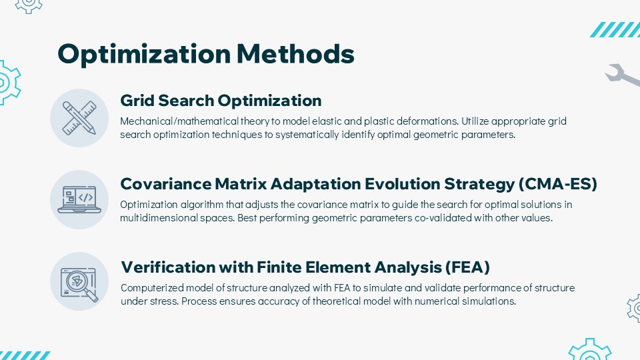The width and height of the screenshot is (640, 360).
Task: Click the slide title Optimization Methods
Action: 206,54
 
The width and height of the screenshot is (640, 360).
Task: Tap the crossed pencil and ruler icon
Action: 79,118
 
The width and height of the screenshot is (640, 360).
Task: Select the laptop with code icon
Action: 79,199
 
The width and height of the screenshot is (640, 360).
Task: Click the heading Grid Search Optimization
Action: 221,101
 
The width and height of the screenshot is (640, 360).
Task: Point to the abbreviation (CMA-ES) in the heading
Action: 558,184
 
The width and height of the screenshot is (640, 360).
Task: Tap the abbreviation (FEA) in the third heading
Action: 467,267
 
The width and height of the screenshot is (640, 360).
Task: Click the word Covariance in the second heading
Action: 166,184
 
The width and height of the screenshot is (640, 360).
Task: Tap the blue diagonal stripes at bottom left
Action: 25,355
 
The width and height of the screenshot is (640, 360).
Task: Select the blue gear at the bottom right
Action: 590,350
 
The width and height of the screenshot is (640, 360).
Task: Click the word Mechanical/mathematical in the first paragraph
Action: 179,121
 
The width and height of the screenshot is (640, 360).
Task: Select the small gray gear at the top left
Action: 29,6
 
